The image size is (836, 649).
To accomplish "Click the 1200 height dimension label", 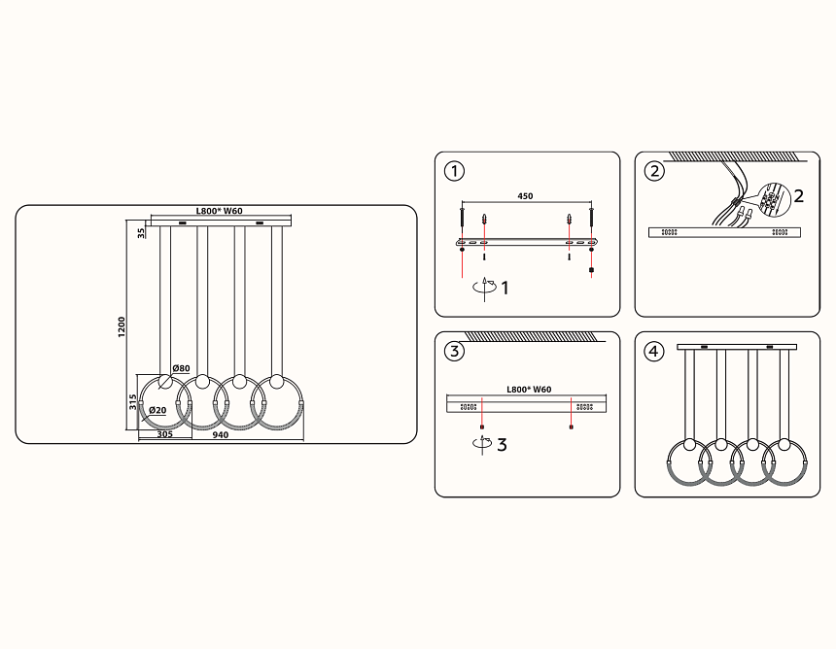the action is (x=122, y=326).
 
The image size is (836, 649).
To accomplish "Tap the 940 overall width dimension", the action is (x=221, y=435).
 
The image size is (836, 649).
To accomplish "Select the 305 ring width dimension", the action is (x=164, y=434).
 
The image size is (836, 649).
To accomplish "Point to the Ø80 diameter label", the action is (x=181, y=368).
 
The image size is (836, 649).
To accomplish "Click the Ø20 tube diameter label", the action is (x=157, y=410).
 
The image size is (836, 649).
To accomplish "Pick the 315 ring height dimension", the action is (x=133, y=402).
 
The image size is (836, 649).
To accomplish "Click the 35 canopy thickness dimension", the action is (x=141, y=233).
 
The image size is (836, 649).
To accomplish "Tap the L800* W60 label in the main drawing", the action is (x=219, y=211).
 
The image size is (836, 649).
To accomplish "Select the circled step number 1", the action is (x=454, y=172).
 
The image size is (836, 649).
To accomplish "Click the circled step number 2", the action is (x=655, y=172).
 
